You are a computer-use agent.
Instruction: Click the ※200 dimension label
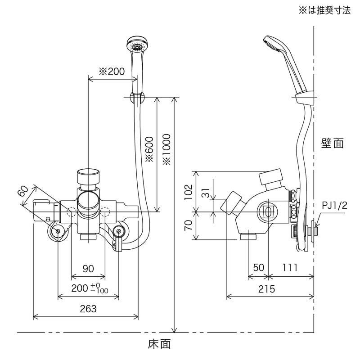point(111,72)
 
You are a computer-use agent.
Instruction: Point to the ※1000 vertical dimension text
point(167,149)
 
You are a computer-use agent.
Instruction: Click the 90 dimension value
point(88,269)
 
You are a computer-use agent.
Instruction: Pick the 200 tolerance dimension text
point(90,288)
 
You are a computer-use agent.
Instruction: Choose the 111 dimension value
point(290,267)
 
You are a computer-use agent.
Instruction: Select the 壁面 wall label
point(333,144)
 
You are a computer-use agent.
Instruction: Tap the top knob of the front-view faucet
point(88,177)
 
